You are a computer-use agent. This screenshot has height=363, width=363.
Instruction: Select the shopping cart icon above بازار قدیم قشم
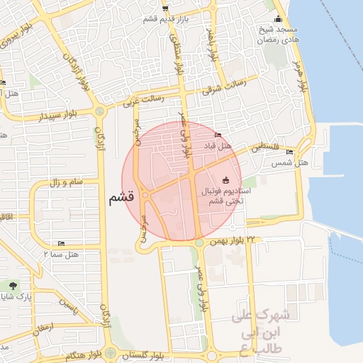[x=165, y=9]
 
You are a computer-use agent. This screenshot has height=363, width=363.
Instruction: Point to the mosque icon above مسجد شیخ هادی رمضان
[x=278, y=19]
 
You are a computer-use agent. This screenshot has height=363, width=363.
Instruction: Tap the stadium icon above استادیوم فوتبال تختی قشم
[x=226, y=180]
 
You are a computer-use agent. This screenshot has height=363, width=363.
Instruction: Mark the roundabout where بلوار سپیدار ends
[x=99, y=111]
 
